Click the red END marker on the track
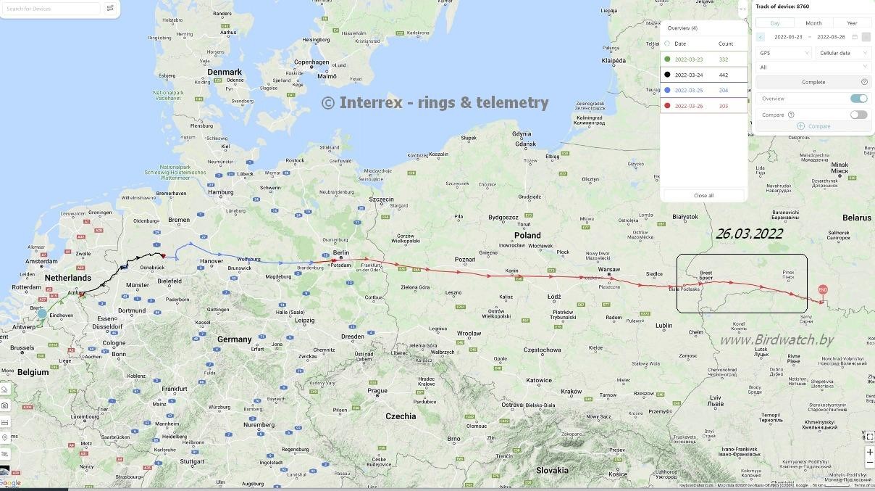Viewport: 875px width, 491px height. [x=822, y=290]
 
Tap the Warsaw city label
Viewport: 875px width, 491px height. [x=609, y=269]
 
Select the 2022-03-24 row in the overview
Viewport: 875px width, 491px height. [x=703, y=75]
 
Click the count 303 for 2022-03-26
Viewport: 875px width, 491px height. [x=724, y=106]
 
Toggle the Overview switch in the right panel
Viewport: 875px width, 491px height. [x=858, y=99]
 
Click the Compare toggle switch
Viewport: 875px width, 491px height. [x=858, y=115]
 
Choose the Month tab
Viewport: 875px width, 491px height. [x=813, y=23]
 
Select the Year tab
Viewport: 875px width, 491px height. [x=852, y=23]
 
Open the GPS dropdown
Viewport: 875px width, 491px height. [x=784, y=53]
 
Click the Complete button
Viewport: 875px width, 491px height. [x=813, y=82]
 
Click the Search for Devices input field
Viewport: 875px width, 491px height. [x=51, y=9]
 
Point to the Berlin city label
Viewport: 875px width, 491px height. [x=340, y=252]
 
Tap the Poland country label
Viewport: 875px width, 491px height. [x=527, y=235]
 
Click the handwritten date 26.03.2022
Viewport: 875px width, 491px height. [x=749, y=234]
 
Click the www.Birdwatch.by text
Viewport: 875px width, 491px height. [x=776, y=339]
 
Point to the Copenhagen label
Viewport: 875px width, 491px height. [x=311, y=62]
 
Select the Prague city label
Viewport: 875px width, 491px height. [x=377, y=391]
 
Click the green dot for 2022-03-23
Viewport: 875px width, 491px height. [x=667, y=59]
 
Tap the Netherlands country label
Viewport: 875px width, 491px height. [x=68, y=278]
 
